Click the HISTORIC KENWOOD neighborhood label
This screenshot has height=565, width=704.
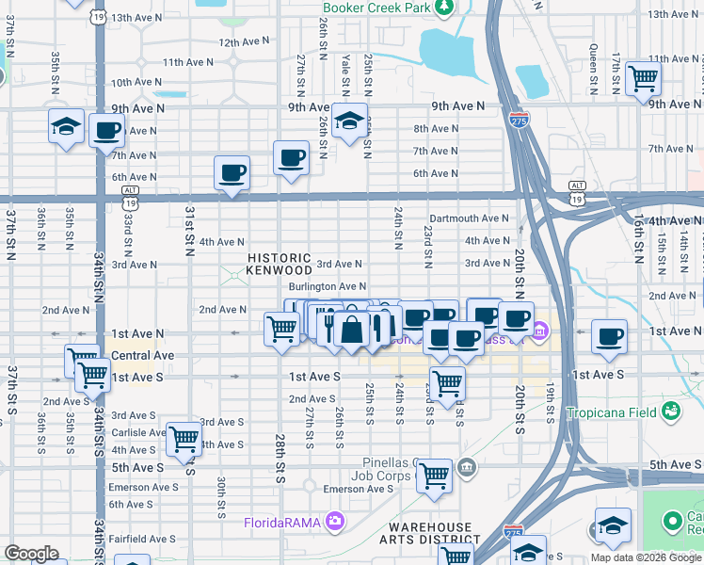(279, 264)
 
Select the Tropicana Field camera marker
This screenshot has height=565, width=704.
(670, 412)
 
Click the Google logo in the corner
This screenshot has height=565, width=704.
(31, 554)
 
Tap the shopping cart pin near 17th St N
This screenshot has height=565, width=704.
(643, 79)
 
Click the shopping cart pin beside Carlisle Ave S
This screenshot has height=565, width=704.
(183, 438)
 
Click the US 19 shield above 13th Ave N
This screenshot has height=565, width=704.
(99, 16)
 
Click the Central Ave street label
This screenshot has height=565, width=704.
(142, 355)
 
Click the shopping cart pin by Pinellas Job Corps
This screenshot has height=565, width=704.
(434, 476)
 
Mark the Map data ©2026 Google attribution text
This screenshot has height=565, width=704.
(646, 557)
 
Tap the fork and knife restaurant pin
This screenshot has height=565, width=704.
(328, 326)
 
